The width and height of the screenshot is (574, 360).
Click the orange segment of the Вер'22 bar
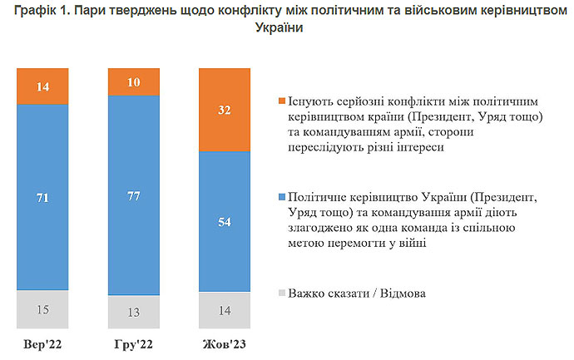pyautogui.click(x=42, y=86)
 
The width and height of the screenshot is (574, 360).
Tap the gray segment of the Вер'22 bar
pyautogui.click(x=42, y=309)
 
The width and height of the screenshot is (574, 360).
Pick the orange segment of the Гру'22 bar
pyautogui.click(x=133, y=83)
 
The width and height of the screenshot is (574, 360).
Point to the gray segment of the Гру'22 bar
pyautogui.click(x=133, y=312)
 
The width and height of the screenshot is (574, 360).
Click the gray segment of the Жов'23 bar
pyautogui.click(x=224, y=311)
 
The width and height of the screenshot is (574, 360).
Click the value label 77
pyautogui.click(x=133, y=197)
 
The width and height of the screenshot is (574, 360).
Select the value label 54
pyautogui.click(x=224, y=223)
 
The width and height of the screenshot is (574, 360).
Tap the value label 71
pyautogui.click(x=42, y=197)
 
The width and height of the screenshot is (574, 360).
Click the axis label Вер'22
pyautogui.click(x=42, y=344)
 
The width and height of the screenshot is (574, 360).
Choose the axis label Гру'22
pyautogui.click(x=133, y=344)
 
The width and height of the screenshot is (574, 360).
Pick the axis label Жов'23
pyautogui.click(x=224, y=344)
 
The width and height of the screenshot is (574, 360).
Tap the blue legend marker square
pyautogui.click(x=282, y=199)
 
